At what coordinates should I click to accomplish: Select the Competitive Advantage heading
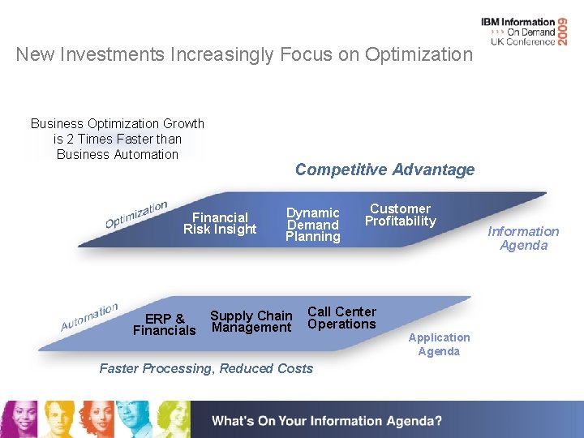point(384,170)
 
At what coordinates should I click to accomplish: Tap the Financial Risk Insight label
point(220,223)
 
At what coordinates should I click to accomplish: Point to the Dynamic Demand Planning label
point(313,225)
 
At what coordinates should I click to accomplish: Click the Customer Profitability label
point(400,215)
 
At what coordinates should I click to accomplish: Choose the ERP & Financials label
point(165,324)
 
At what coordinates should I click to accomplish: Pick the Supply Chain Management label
point(251,321)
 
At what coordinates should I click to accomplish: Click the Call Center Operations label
point(341,318)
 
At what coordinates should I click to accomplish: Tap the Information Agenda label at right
point(523,238)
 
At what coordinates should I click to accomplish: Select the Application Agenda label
point(439,344)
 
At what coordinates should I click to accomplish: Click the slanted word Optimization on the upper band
point(136,214)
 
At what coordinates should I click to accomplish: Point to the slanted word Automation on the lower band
point(89,316)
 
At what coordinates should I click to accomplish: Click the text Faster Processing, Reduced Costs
point(206,368)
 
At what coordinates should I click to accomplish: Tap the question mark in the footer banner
point(439,421)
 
